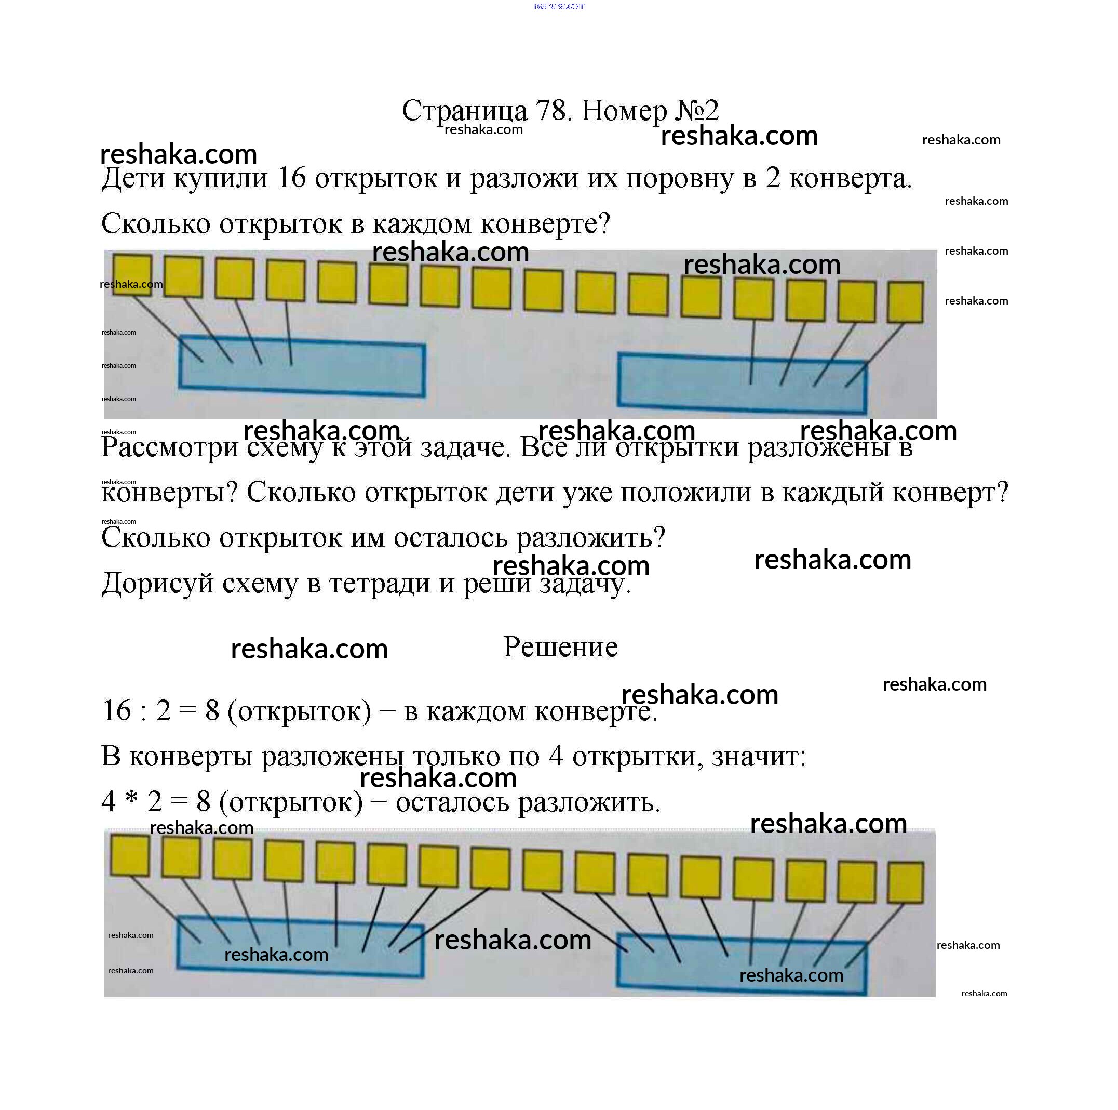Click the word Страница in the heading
coord(465,111)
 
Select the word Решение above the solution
coord(560,647)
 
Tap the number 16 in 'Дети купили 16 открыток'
coord(291,178)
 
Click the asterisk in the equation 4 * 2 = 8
coord(132,799)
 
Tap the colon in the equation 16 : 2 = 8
coord(142,711)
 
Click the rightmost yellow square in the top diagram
coord(905,302)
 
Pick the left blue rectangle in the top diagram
coord(302,366)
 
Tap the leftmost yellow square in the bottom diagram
coord(130,854)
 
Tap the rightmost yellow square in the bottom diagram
coord(905,882)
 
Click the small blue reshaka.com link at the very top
coord(559,6)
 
